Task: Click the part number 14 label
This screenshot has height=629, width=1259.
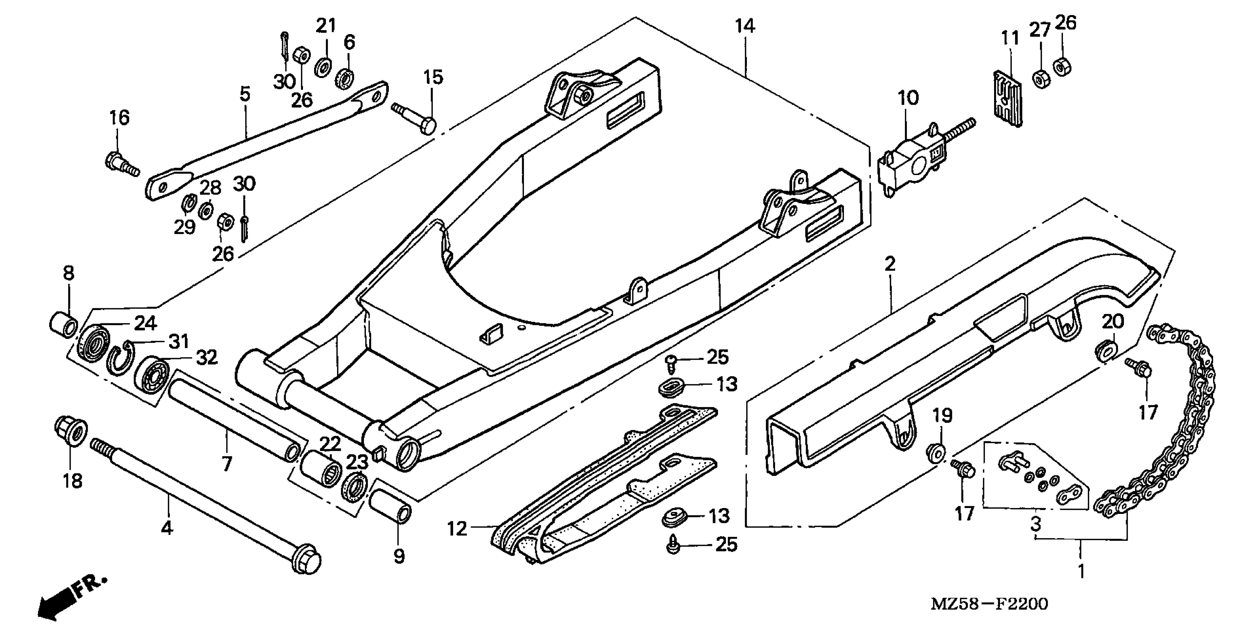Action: tap(745, 26)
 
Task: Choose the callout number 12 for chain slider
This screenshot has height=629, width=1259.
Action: tap(457, 528)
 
